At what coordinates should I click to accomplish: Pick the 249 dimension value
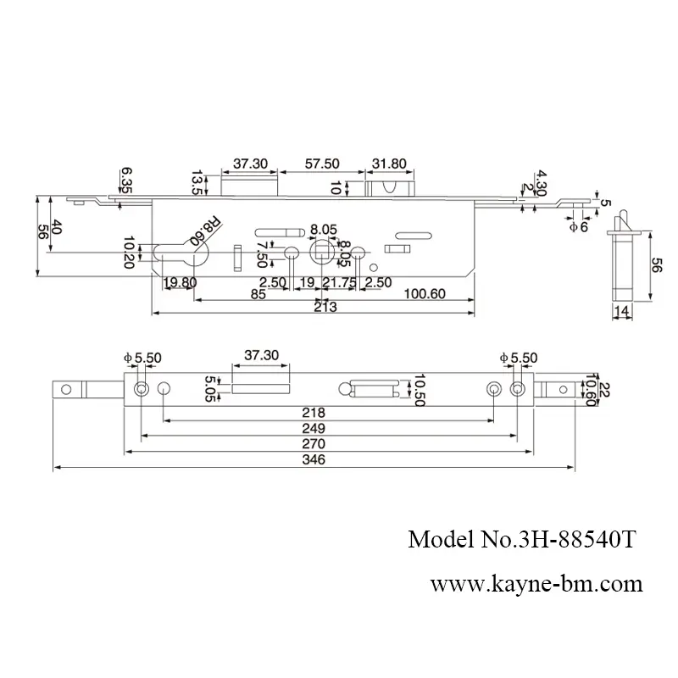[x=325, y=428]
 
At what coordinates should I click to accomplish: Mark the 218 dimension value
[x=325, y=412]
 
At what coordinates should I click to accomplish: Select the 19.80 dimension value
[x=180, y=282]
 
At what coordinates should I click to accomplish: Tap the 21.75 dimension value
[x=338, y=282]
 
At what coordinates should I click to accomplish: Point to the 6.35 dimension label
[x=125, y=180]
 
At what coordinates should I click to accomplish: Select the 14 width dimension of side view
[x=623, y=313]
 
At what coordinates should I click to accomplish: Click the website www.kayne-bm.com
[x=536, y=585]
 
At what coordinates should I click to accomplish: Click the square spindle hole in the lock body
[x=322, y=252]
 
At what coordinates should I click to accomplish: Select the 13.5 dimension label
[x=197, y=181]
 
